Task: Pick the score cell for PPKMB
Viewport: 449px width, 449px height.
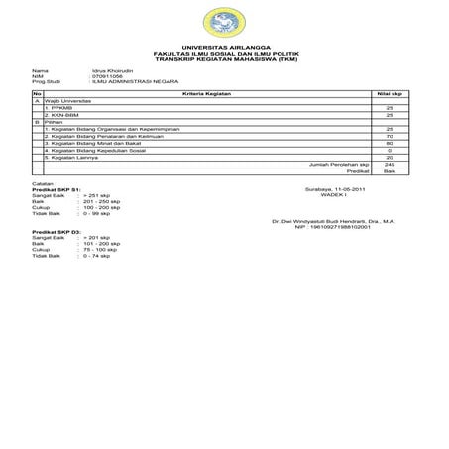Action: [x=390, y=107]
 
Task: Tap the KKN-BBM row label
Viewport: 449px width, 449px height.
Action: [x=61, y=115]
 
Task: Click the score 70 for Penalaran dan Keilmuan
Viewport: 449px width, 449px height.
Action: [x=390, y=136]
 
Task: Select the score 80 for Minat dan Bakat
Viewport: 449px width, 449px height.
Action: [x=390, y=143]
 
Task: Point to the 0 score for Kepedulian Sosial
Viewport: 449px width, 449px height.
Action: [x=390, y=150]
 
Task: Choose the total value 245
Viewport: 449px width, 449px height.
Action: [x=390, y=164]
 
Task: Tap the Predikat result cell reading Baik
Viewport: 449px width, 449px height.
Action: [x=390, y=170]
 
